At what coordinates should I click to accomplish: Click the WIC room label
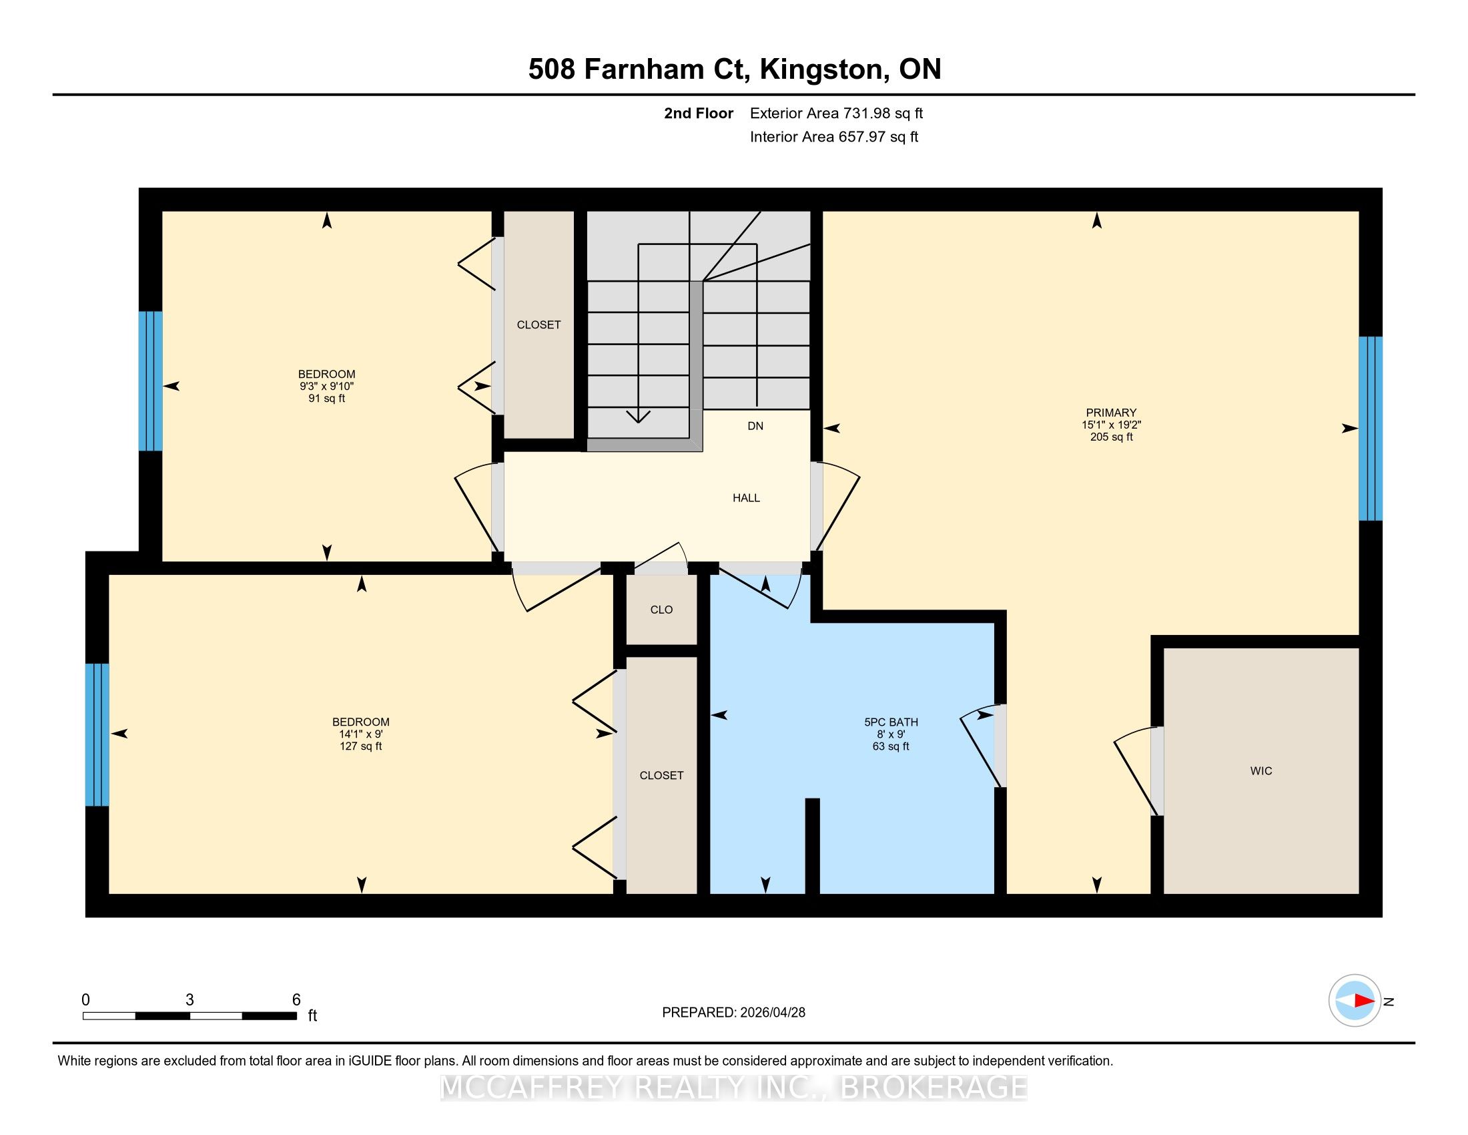click(1261, 770)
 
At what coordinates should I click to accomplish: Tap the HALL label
click(746, 497)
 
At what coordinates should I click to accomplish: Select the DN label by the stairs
click(755, 426)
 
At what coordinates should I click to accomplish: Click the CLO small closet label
click(661, 609)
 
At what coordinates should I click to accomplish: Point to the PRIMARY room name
click(1111, 413)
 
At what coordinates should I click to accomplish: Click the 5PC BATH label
click(891, 722)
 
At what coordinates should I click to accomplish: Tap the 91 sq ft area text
click(327, 398)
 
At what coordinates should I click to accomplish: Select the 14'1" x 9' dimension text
click(361, 734)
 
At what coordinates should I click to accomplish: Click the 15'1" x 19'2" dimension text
click(1111, 425)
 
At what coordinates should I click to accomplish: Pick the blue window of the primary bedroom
click(1371, 429)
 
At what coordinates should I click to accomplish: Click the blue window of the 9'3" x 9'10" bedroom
click(151, 381)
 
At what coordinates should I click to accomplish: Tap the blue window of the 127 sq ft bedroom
click(97, 734)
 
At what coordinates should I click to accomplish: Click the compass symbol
click(1355, 1001)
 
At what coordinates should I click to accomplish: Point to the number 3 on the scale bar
click(190, 1000)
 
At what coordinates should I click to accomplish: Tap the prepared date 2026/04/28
click(771, 1012)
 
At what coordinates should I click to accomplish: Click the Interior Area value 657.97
click(861, 137)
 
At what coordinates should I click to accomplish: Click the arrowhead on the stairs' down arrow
click(638, 416)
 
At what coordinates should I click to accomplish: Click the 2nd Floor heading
click(699, 113)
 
